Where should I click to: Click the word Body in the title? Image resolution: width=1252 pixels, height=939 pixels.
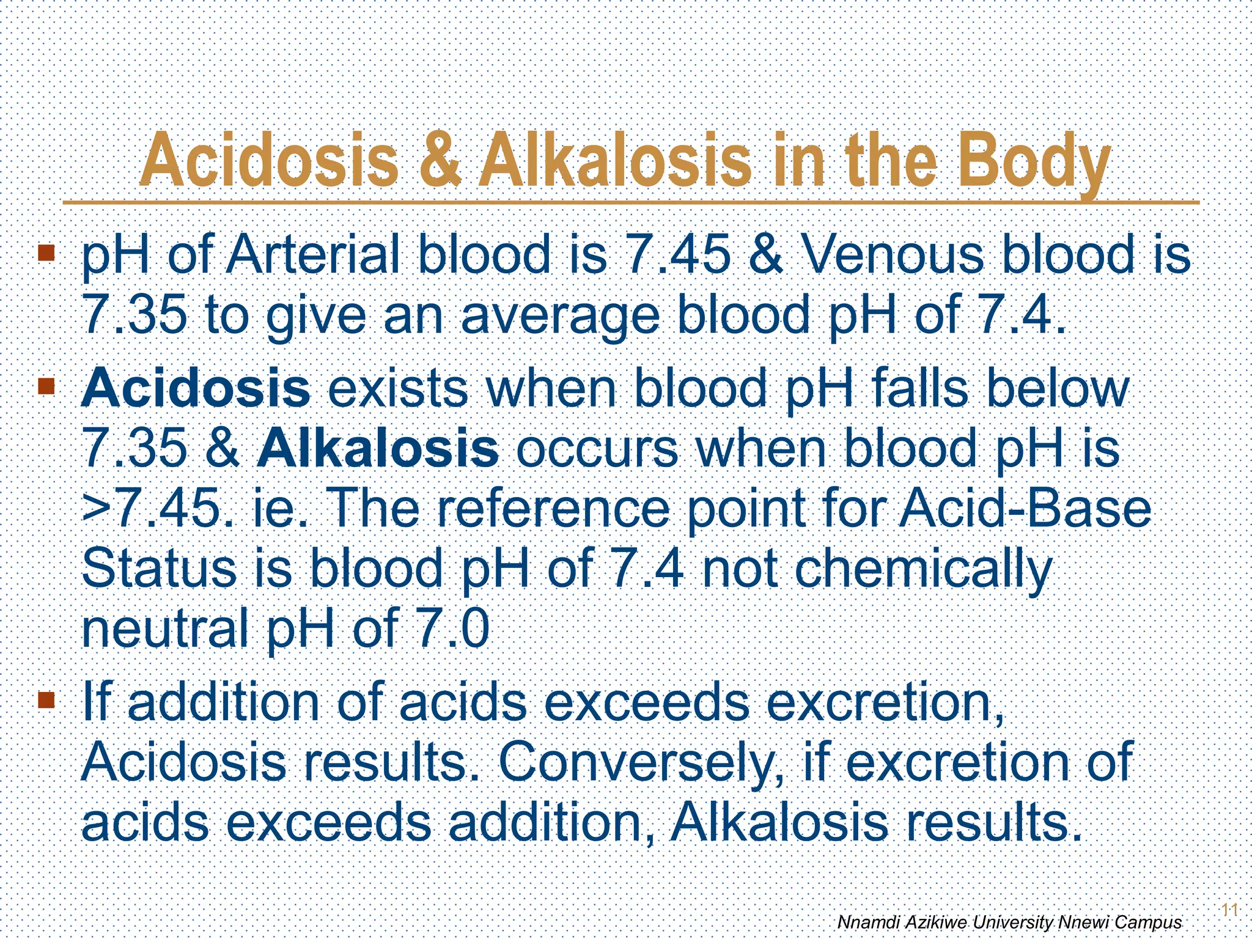pos(1033,163)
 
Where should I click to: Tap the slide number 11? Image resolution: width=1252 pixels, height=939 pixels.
pos(1229,910)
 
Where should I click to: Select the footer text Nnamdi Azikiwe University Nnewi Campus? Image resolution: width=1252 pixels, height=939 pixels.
pos(1009,922)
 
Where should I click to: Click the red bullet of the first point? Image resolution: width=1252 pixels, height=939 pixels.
pos(46,252)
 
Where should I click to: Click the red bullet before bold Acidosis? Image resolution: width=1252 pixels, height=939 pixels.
pos(46,386)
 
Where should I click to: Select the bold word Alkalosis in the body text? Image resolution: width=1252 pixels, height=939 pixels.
pos(377,448)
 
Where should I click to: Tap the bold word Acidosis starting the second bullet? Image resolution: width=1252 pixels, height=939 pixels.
pos(196,388)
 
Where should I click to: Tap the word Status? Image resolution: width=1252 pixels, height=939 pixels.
pos(158,569)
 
